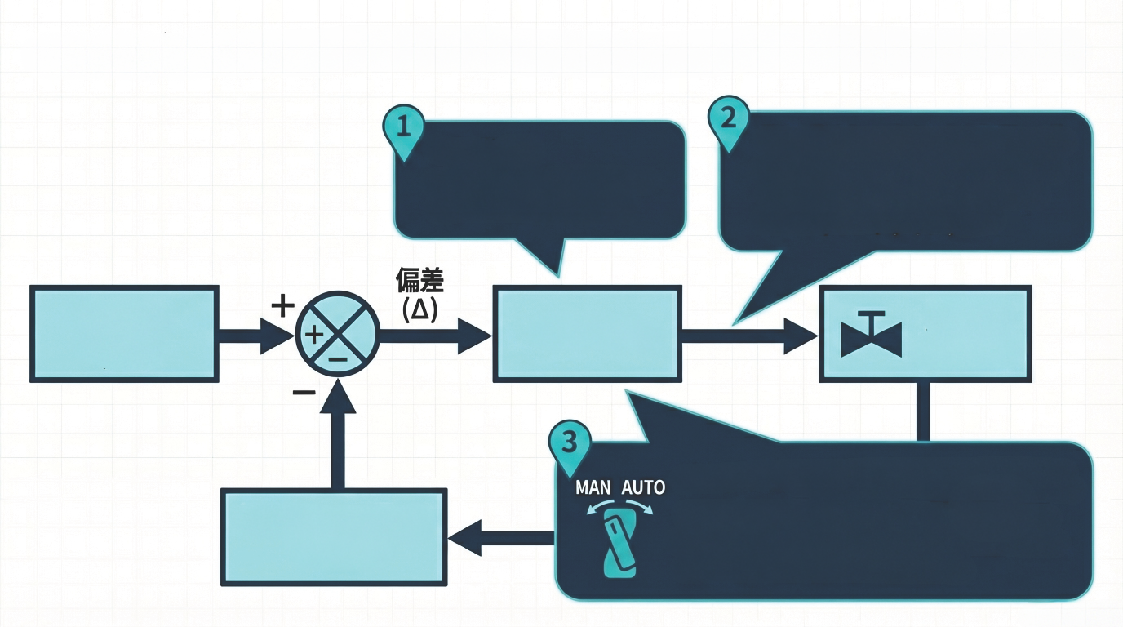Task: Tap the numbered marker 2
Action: tap(729, 119)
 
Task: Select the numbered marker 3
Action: tap(570, 443)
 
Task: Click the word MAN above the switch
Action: tap(593, 488)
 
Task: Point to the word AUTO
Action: tap(643, 488)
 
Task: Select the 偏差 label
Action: tap(419, 282)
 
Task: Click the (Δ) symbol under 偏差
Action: tap(421, 309)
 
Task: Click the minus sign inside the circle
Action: tap(339, 358)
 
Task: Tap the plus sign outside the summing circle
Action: tap(282, 306)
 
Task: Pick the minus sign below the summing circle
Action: tap(304, 393)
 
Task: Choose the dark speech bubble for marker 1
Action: tap(539, 180)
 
